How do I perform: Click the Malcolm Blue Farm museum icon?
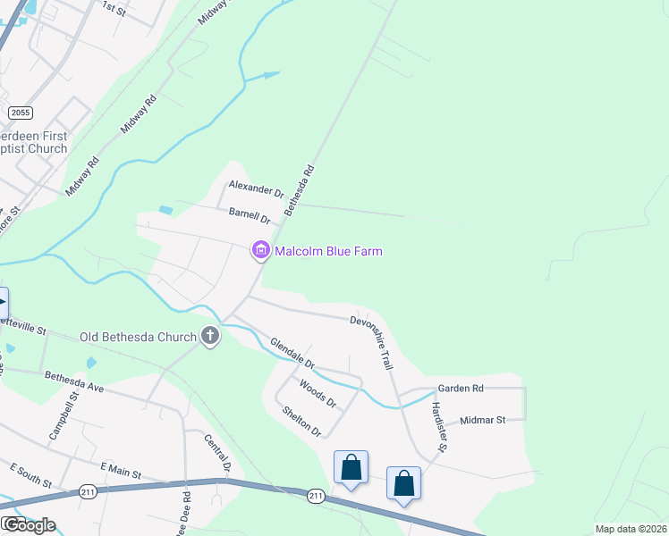(261, 251)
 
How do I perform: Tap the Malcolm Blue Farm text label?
(328, 251)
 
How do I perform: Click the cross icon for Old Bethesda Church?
(210, 337)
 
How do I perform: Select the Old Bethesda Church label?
(138, 337)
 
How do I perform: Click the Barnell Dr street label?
(250, 214)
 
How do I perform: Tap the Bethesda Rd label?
(300, 189)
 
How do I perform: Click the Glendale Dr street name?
(292, 352)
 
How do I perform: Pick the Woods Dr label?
(318, 394)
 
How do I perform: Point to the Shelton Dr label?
(301, 421)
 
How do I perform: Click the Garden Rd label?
(460, 389)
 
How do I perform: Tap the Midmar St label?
(482, 419)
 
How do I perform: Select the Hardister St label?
(439, 425)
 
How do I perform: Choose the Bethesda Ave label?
(74, 382)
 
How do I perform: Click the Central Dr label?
(218, 454)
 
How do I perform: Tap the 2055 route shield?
(20, 113)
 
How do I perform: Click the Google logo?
(29, 525)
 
